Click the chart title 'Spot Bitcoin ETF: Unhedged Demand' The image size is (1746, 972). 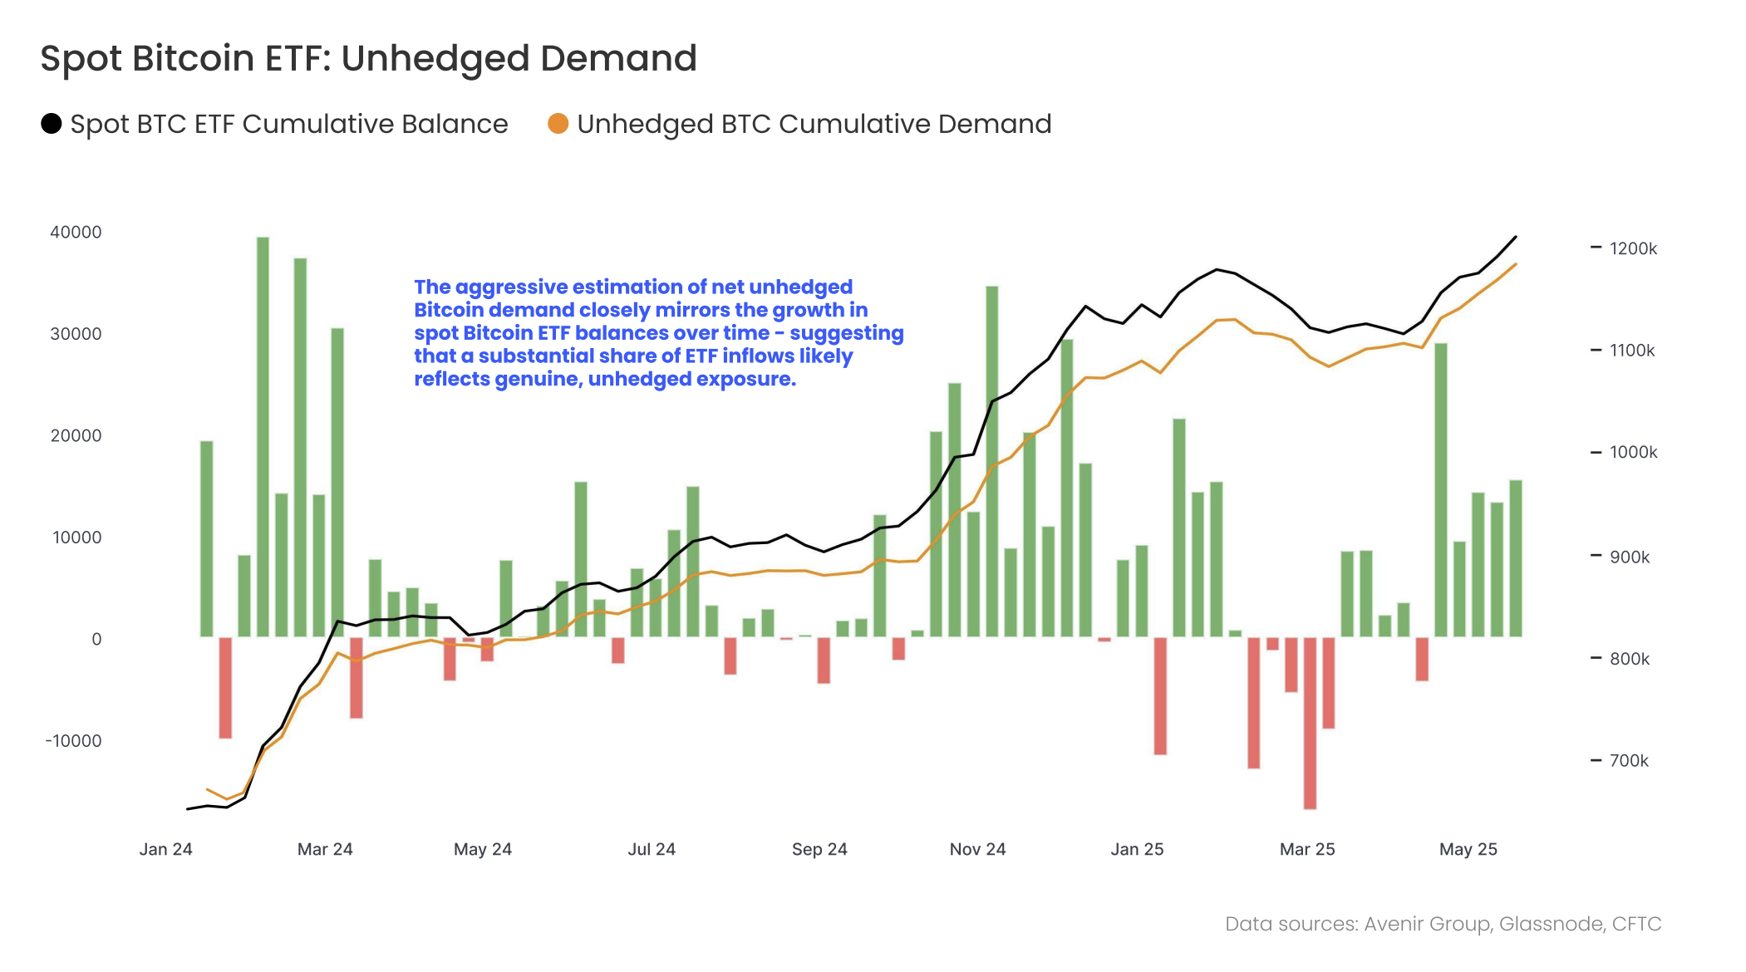[368, 58]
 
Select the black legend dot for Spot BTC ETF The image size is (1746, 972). [52, 124]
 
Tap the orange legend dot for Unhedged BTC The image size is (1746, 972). [558, 124]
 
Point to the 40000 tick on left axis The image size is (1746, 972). [76, 232]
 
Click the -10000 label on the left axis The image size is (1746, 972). [73, 740]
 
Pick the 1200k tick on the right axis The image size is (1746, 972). [1632, 248]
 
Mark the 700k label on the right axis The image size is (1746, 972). [1628, 760]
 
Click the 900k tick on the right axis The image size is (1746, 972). [1629, 557]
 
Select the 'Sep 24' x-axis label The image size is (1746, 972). [819, 849]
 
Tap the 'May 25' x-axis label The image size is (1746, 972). [1468, 849]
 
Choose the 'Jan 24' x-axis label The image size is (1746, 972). [165, 849]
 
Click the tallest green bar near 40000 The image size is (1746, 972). [263, 436]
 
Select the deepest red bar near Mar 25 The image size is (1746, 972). [1310, 723]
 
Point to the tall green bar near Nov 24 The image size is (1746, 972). [991, 461]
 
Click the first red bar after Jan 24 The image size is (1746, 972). [225, 687]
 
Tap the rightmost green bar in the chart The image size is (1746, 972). [1515, 558]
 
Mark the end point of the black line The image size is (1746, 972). [1515, 238]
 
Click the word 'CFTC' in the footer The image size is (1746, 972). [1636, 924]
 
